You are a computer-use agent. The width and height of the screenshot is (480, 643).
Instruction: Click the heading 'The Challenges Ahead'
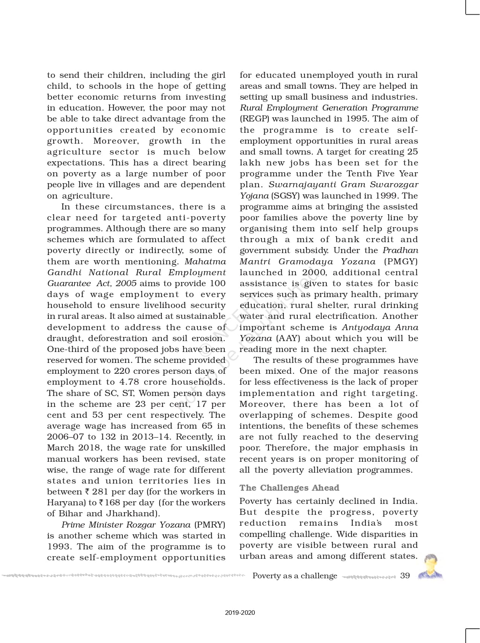click(289, 488)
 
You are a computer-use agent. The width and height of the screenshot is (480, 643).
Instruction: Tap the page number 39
click(405, 576)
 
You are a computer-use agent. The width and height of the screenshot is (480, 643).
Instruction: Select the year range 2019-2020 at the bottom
click(240, 613)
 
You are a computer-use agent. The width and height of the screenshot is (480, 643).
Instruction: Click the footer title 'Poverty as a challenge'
click(295, 576)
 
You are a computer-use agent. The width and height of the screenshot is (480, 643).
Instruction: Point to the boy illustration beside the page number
click(430, 566)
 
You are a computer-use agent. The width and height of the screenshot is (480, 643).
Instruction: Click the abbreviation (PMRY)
click(210, 525)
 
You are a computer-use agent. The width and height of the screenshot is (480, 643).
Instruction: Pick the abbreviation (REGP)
click(254, 119)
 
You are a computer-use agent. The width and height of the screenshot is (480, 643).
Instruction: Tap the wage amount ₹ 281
click(97, 492)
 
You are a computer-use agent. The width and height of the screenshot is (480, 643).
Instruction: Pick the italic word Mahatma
click(206, 262)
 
